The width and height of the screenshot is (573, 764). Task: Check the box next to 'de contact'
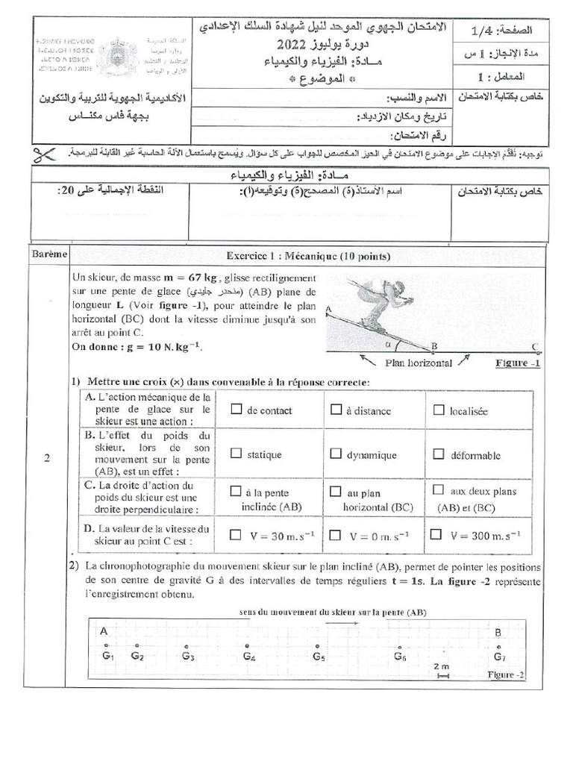pyautogui.click(x=237, y=410)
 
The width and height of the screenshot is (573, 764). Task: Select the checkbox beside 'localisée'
pyautogui.click(x=439, y=410)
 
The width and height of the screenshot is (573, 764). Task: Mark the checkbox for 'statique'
pyautogui.click(x=237, y=453)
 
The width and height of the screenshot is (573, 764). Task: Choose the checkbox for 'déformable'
pyautogui.click(x=439, y=453)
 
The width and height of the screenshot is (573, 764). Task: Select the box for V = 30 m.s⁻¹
pyautogui.click(x=237, y=535)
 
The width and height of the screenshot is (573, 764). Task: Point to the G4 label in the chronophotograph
pyautogui.click(x=249, y=657)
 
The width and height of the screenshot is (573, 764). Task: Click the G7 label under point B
pyautogui.click(x=499, y=657)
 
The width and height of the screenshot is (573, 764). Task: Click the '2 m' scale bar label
pyautogui.click(x=441, y=665)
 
